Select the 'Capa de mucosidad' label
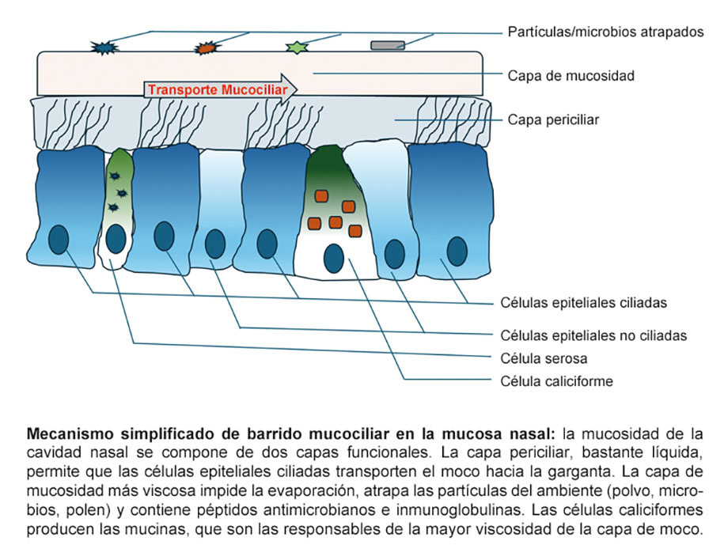pos(571,77)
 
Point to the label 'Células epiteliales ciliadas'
pos(584,302)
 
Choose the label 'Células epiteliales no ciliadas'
pos(593,335)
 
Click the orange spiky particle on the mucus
pos(206,47)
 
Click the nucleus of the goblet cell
pos(333,258)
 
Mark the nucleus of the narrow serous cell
pos(116,238)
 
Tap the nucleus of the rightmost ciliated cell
pos(457,251)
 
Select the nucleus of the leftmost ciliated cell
pos(59,239)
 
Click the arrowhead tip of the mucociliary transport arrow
pos(298,89)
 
